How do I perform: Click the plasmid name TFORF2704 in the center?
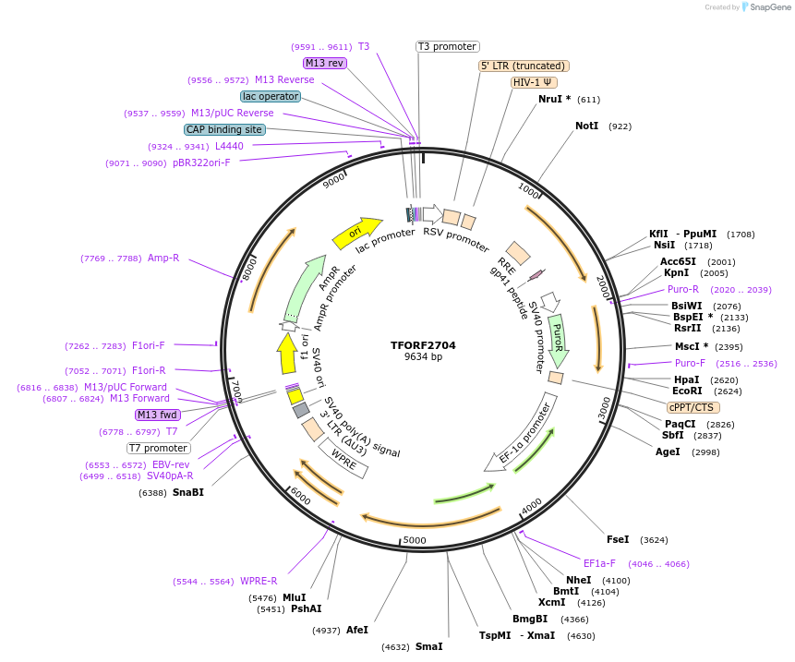tap(423, 345)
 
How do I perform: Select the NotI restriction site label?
tap(587, 126)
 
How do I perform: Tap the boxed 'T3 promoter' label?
tap(447, 46)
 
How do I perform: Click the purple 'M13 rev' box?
tap(324, 63)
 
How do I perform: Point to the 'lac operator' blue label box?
tap(270, 96)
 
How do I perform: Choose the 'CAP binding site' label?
tap(224, 130)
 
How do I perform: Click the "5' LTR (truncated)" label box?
tap(524, 66)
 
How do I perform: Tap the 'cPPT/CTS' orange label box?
tap(693, 407)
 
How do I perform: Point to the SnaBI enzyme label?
tap(187, 492)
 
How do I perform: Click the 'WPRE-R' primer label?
tap(259, 581)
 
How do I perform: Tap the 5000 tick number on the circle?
tap(415, 540)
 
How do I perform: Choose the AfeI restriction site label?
tap(357, 630)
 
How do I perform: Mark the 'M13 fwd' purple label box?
tap(157, 415)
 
